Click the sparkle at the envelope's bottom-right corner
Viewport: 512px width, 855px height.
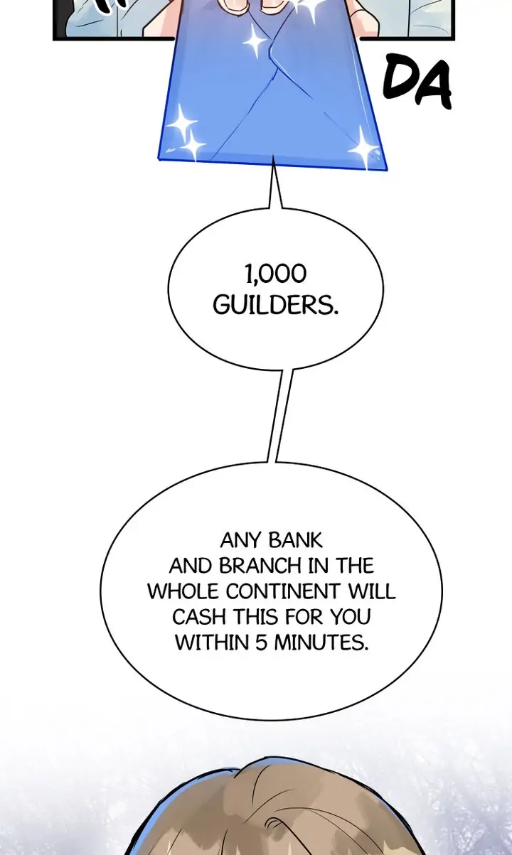click(x=365, y=148)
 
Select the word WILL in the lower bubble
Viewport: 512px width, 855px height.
click(x=373, y=592)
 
